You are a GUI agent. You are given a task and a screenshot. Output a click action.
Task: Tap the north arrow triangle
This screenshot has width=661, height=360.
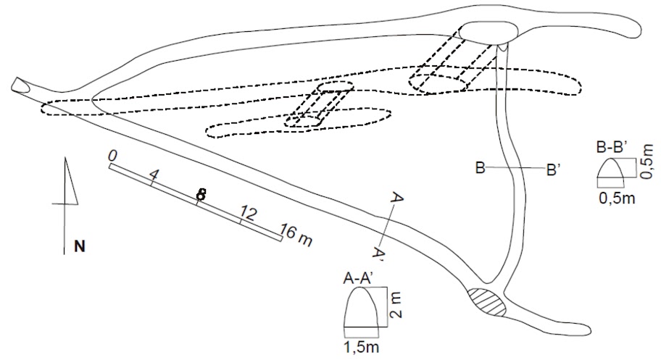70,181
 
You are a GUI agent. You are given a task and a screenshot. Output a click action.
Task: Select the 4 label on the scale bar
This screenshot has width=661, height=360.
153,175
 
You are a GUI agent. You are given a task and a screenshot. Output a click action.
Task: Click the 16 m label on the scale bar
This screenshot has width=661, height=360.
296,235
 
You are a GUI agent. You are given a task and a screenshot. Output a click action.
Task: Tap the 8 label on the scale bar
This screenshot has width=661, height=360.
201,194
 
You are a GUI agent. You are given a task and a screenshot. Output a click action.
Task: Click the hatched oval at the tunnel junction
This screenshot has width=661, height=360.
483,301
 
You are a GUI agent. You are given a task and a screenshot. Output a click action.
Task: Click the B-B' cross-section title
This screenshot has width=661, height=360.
612,148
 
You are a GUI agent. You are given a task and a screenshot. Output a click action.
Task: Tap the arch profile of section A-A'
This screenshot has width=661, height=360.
361,307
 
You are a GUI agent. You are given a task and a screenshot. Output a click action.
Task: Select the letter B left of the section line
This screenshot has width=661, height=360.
480,169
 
